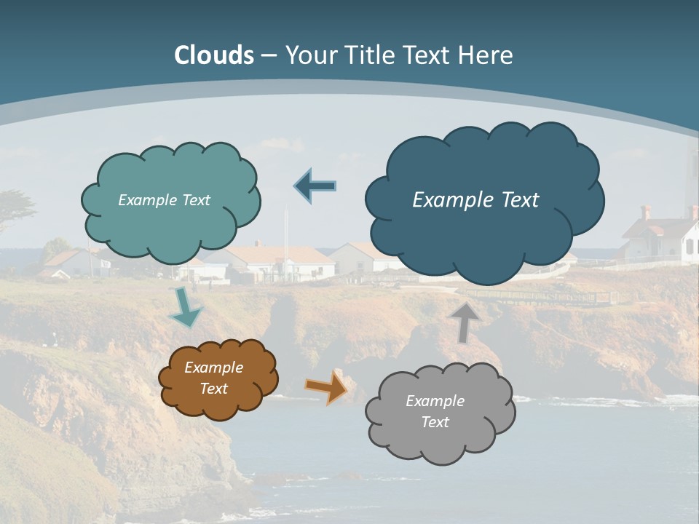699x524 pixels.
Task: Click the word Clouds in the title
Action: [214, 55]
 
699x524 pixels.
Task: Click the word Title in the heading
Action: [369, 55]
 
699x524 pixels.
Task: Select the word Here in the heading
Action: [487, 55]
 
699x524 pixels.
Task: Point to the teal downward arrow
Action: [185, 307]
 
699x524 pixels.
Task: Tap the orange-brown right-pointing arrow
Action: [327, 386]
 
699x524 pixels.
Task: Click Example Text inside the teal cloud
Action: [164, 200]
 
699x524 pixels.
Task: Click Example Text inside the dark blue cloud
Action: [475, 200]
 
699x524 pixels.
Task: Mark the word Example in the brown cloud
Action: [213, 368]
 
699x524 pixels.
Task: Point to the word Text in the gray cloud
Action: [435, 422]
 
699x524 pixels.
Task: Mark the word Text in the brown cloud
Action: [213, 389]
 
